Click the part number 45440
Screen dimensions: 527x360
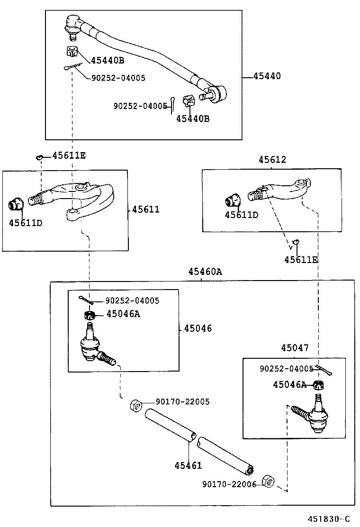[266, 76]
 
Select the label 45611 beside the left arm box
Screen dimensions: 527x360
[145, 209]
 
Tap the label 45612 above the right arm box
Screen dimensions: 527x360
[272, 160]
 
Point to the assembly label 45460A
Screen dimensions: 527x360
[205, 272]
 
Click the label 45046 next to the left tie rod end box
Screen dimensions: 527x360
[198, 328]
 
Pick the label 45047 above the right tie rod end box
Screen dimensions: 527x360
[294, 348]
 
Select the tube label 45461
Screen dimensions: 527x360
[188, 465]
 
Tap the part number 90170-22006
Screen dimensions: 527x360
[229, 484]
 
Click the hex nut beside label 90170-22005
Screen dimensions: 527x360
[135, 406]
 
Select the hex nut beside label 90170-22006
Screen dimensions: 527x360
[268, 481]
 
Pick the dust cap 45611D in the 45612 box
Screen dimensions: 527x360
[232, 200]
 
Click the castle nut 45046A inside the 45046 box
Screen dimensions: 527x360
[90, 315]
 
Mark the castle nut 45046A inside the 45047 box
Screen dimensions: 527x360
[319, 385]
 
